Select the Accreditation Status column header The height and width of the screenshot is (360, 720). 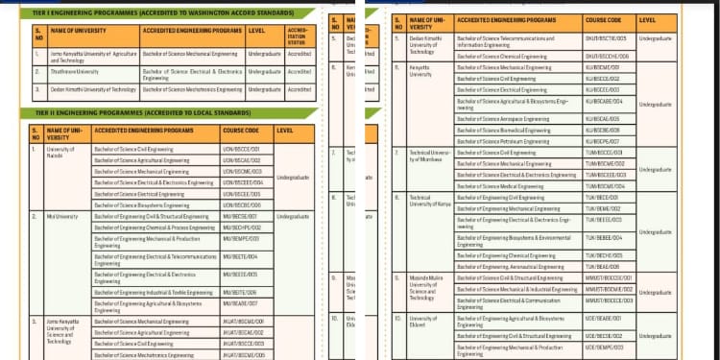(300, 35)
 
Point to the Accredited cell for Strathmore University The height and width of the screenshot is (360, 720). (300, 71)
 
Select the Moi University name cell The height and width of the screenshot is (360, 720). (62, 217)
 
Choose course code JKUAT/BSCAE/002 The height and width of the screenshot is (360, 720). (243, 332)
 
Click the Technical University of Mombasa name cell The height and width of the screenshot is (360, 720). (429, 156)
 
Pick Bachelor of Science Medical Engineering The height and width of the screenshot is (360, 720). (500, 186)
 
